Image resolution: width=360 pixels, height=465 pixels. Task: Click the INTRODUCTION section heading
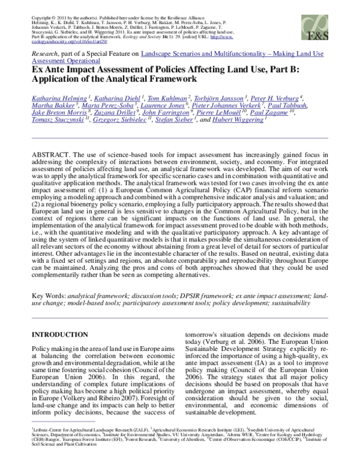coord(63,334)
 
